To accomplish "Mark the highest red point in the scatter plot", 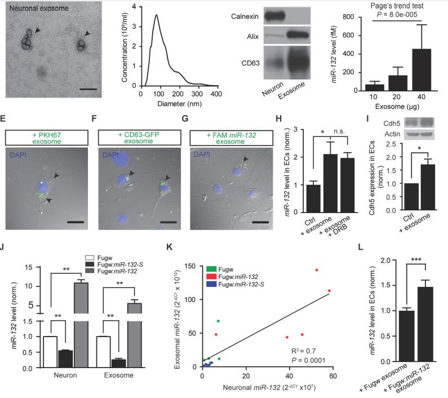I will tap(317, 270).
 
